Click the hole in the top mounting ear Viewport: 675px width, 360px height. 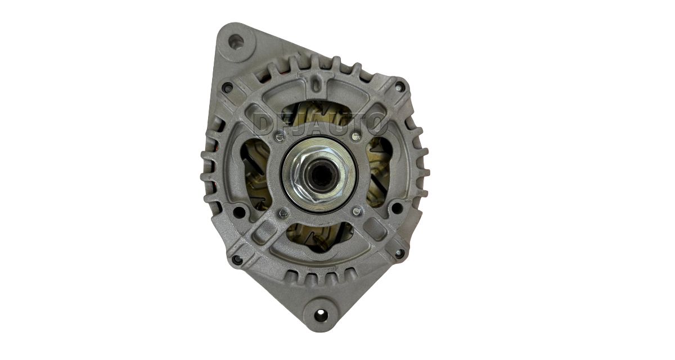pyautogui.click(x=235, y=40)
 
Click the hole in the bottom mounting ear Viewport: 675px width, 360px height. pyautogui.click(x=320, y=315)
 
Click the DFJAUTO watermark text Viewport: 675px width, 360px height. pyautogui.click(x=319, y=124)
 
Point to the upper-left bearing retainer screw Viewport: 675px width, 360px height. pyautogui.click(x=280, y=137)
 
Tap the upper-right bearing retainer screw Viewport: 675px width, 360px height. pyautogui.click(x=357, y=137)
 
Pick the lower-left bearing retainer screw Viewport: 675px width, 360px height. pyautogui.click(x=282, y=213)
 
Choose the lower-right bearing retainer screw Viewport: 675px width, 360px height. pyautogui.click(x=357, y=211)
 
